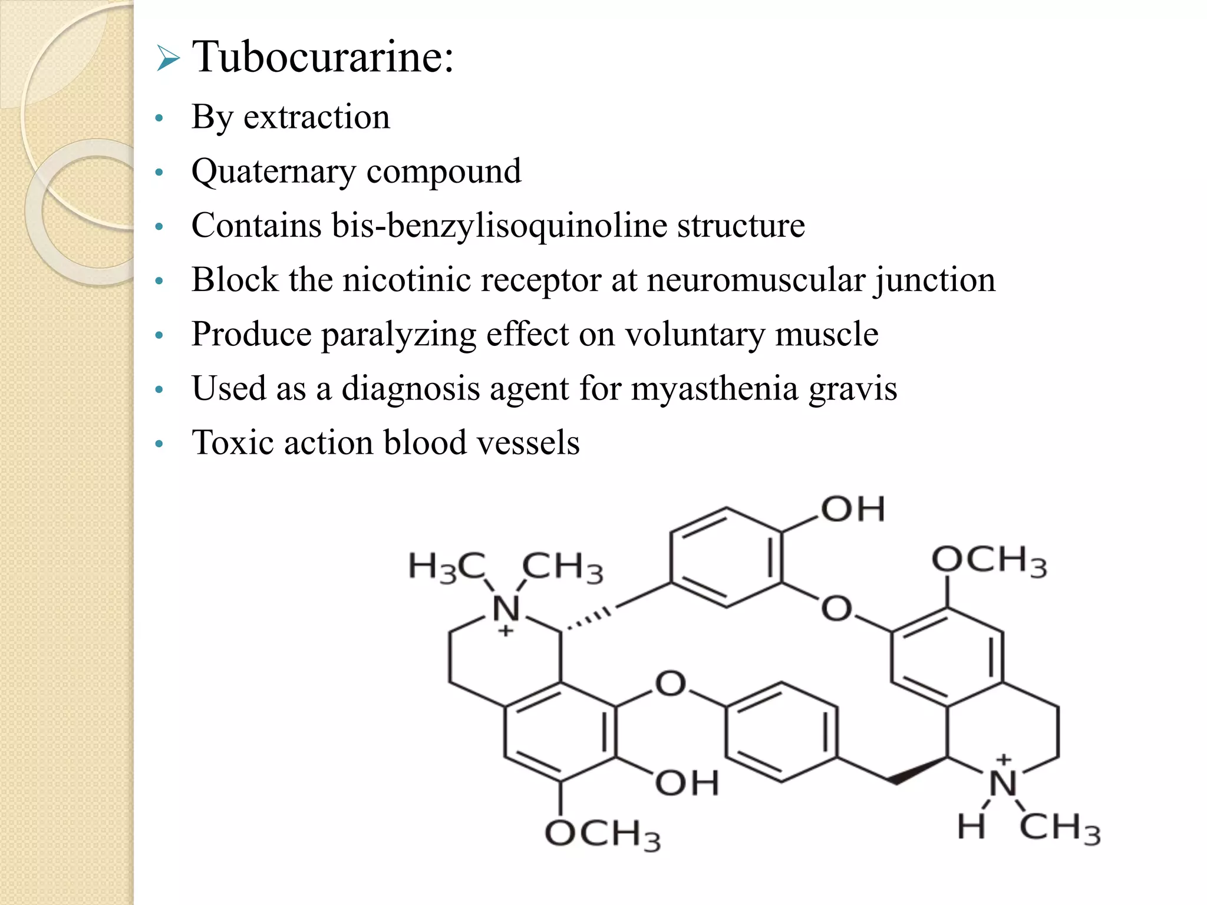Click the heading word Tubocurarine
tap(323, 57)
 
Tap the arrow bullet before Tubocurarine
tap(168, 60)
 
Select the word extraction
tap(316, 117)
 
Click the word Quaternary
tap(273, 171)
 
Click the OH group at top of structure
tap(852, 510)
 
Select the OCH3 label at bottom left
tap(602, 835)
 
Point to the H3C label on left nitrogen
tap(447, 567)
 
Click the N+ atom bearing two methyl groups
tap(506, 610)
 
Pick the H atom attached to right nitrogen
tap(971, 826)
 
